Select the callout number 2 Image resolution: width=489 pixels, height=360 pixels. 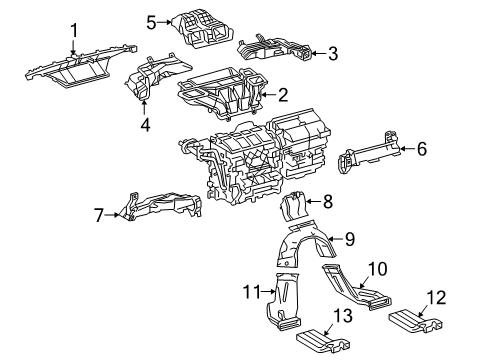pyautogui.click(x=283, y=96)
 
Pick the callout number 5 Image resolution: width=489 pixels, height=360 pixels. pyautogui.click(x=152, y=21)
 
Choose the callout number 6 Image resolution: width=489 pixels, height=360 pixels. pyautogui.click(x=421, y=150)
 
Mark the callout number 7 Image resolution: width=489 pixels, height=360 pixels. pyautogui.click(x=98, y=213)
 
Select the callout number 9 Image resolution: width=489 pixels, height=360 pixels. pyautogui.click(x=349, y=238)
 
